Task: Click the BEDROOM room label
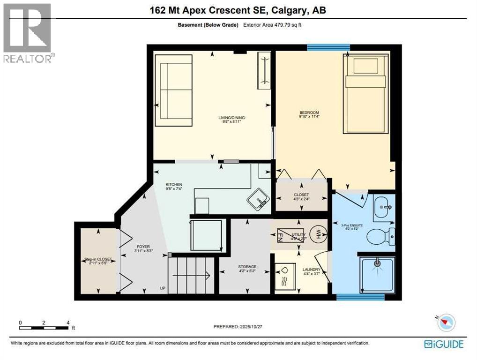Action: pyautogui.click(x=309, y=112)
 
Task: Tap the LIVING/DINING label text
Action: pyautogui.click(x=231, y=118)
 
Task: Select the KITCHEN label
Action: pyautogui.click(x=173, y=185)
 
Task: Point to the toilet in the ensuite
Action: pyautogui.click(x=380, y=236)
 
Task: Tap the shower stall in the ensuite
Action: pyautogui.click(x=377, y=275)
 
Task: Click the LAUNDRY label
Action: pyautogui.click(x=311, y=270)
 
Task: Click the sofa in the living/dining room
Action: pyautogui.click(x=173, y=90)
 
